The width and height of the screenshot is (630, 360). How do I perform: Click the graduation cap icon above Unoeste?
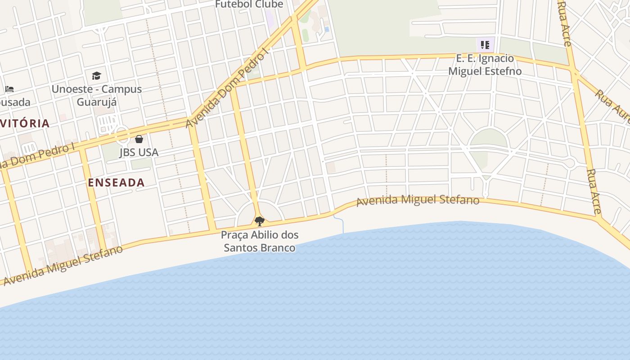point(96,76)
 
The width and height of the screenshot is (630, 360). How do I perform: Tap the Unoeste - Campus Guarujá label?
point(97,95)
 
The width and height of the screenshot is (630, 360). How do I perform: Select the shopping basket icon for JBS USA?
point(139,139)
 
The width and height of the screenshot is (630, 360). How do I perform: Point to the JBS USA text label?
point(139,153)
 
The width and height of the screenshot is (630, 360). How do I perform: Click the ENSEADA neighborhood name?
point(116,182)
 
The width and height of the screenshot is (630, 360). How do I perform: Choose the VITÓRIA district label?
point(25,123)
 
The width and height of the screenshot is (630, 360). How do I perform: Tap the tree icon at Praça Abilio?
point(259,221)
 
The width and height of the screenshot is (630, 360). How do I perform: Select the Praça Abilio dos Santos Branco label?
point(260,241)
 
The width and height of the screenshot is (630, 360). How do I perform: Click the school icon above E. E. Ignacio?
point(485,45)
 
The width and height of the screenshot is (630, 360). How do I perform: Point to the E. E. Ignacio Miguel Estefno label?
point(485,65)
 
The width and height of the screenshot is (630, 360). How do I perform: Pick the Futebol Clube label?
point(249,4)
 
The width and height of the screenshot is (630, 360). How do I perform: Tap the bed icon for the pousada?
point(9,89)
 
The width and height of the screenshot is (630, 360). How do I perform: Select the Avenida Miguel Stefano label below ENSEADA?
point(63,265)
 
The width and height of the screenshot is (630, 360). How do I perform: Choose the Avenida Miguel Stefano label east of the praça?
point(418,200)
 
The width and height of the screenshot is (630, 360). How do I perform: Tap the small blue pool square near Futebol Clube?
point(327,29)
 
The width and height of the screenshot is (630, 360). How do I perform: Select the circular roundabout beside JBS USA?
point(121,135)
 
